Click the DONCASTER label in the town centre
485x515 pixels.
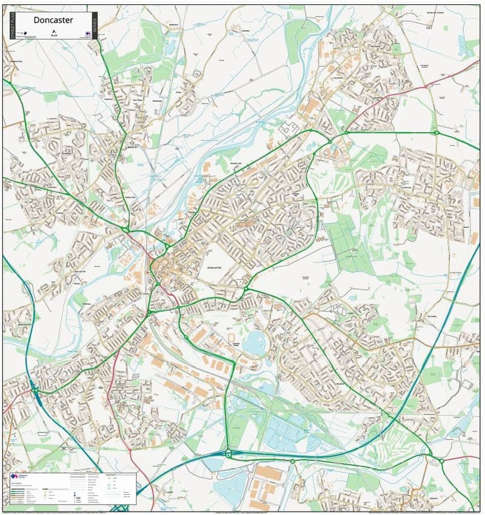[x=216, y=267]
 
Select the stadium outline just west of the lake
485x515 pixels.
[x=231, y=337]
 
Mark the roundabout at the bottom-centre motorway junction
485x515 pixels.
[x=229, y=453]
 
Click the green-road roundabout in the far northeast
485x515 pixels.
[x=435, y=132]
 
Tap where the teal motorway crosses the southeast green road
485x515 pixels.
[x=394, y=419]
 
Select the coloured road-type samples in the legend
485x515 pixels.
[x=21, y=492]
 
